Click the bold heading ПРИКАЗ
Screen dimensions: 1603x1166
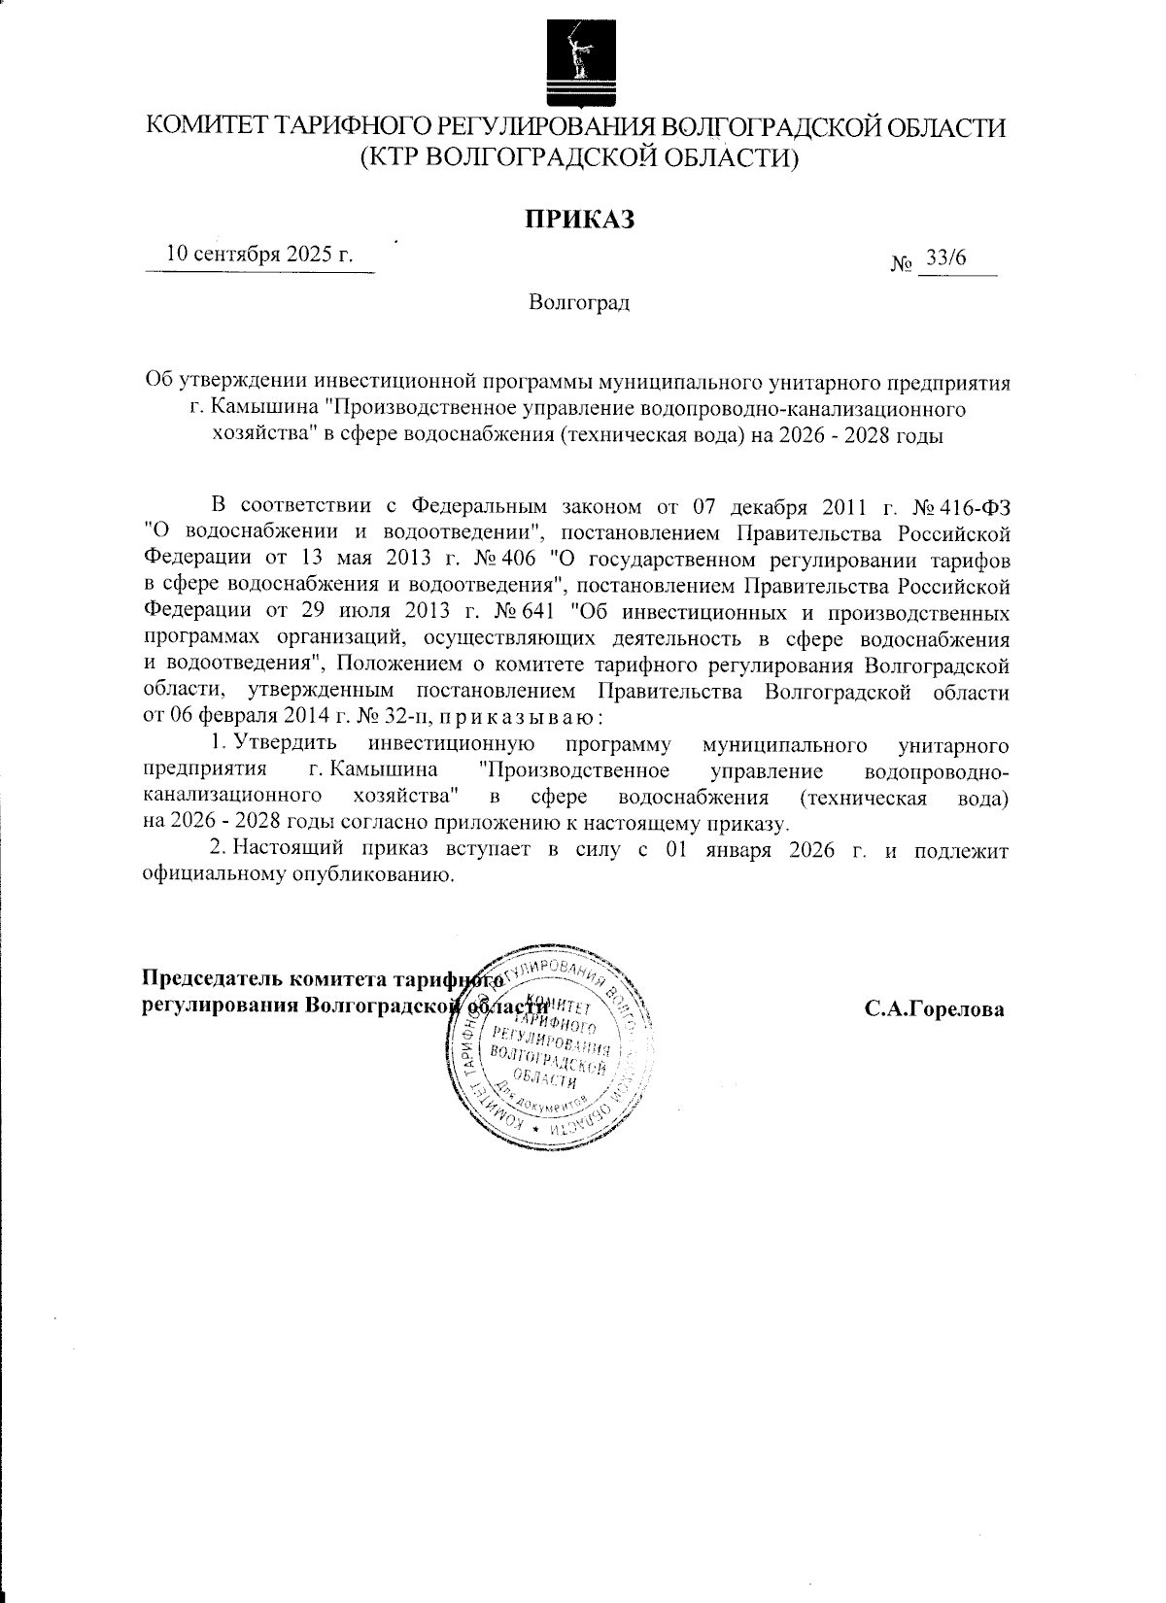[x=580, y=219]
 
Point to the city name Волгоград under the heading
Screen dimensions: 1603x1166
[x=580, y=303]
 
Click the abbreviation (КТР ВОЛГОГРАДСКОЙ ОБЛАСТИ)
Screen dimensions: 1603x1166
[x=579, y=157]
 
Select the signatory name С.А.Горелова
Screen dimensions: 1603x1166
[x=935, y=1008]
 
